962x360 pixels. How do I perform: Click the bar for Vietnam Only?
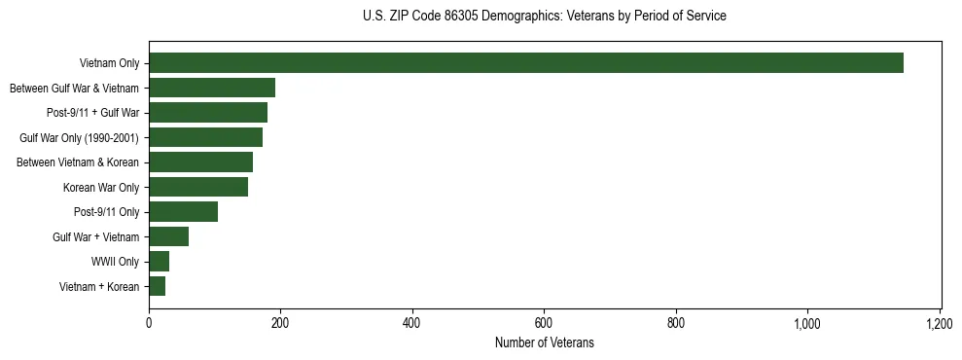[525, 63]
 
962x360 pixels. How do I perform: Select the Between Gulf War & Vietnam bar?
[212, 88]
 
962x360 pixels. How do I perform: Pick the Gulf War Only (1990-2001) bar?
[205, 137]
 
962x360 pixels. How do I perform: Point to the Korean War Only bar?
[198, 187]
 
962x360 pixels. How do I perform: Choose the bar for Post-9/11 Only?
[183, 212]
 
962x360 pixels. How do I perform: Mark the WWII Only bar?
[159, 262]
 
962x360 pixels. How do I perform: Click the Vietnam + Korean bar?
[157, 286]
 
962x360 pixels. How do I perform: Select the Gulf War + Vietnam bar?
[168, 236]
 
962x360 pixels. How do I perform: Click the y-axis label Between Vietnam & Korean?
[78, 162]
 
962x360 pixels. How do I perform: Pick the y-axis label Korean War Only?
[101, 187]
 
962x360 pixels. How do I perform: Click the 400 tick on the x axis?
[412, 322]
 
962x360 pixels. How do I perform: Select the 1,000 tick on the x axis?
[807, 322]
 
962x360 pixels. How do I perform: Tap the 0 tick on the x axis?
[149, 322]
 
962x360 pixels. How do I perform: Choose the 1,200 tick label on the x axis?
[940, 322]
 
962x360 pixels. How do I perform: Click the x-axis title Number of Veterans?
[544, 343]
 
